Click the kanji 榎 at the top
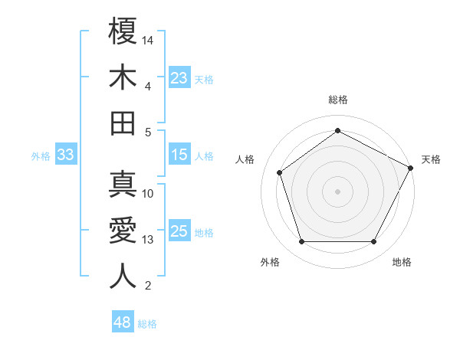123,31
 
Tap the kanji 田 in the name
123,123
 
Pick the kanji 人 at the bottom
123,276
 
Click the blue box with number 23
179,78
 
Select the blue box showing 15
179,155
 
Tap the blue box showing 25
179,231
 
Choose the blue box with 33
65,155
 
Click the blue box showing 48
122,323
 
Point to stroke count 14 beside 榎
148,39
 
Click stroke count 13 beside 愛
148,240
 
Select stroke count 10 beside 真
148,194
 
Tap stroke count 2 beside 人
147,286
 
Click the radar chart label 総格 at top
337,100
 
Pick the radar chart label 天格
431,159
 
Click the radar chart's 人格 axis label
245,159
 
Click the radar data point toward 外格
301,242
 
